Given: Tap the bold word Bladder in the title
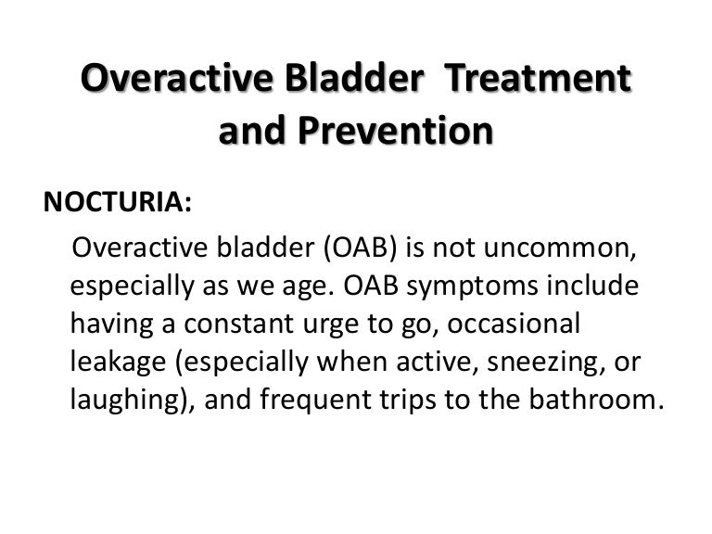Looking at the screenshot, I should (357, 80).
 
